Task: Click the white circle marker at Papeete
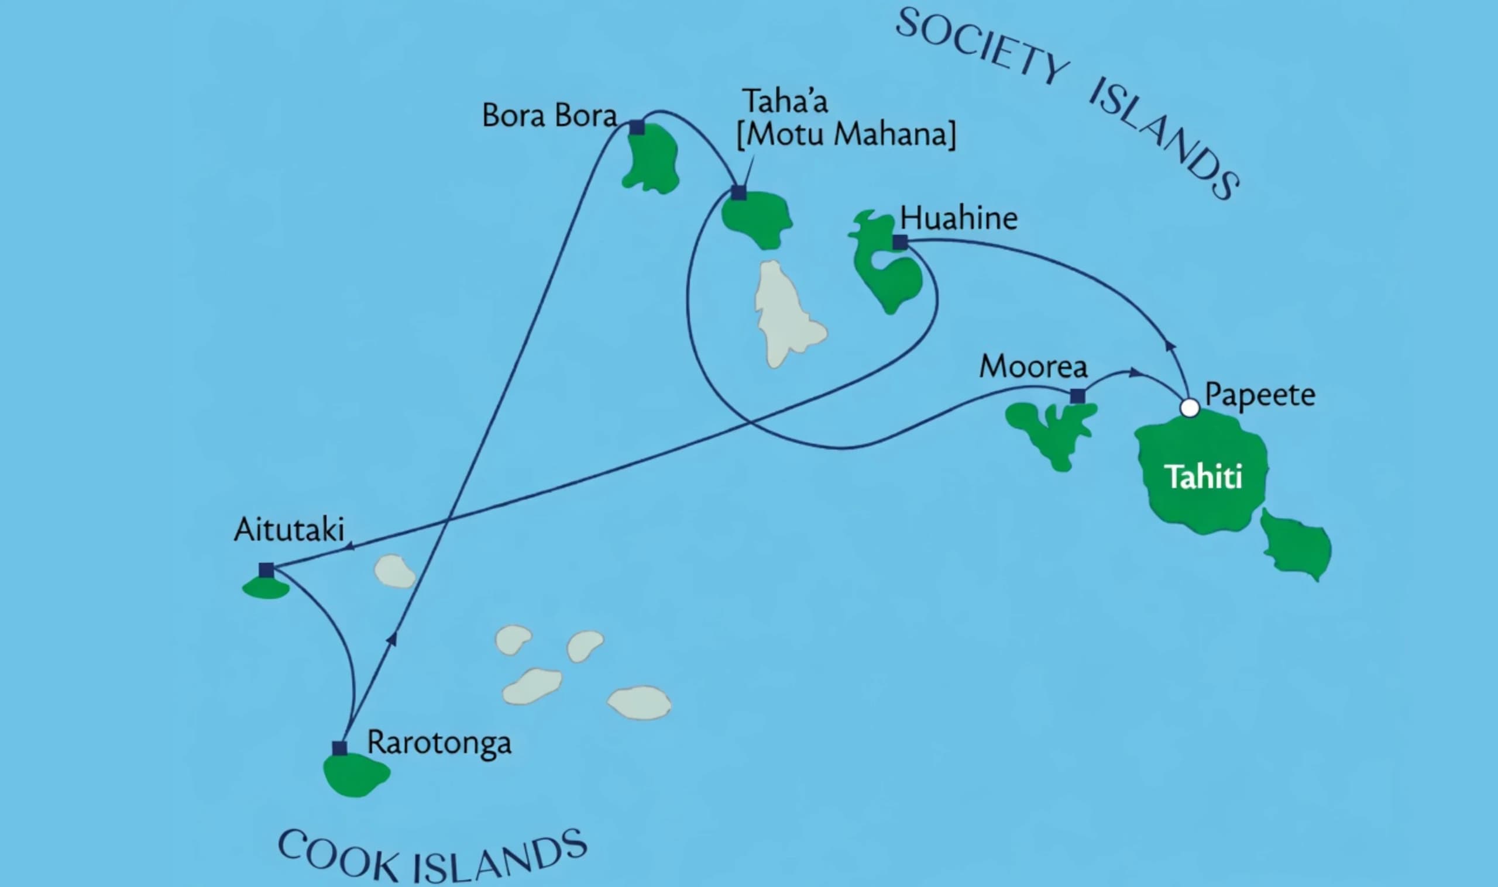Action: point(1190,408)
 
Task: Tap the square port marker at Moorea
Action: point(1078,396)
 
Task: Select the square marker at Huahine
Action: point(900,242)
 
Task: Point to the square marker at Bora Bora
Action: point(637,127)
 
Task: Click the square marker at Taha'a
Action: point(739,193)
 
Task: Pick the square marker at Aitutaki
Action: point(266,570)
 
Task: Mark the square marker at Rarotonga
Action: point(339,748)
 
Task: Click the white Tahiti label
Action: point(1204,477)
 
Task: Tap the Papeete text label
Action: point(1260,395)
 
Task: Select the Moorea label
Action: point(1033,367)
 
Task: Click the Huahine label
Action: point(958,218)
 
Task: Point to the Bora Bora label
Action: point(549,115)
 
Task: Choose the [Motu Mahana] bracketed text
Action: point(846,134)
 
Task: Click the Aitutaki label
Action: point(289,530)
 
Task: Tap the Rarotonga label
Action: point(439,743)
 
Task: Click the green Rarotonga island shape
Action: point(356,775)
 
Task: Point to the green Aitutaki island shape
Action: point(266,588)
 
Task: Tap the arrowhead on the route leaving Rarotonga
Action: point(392,638)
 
